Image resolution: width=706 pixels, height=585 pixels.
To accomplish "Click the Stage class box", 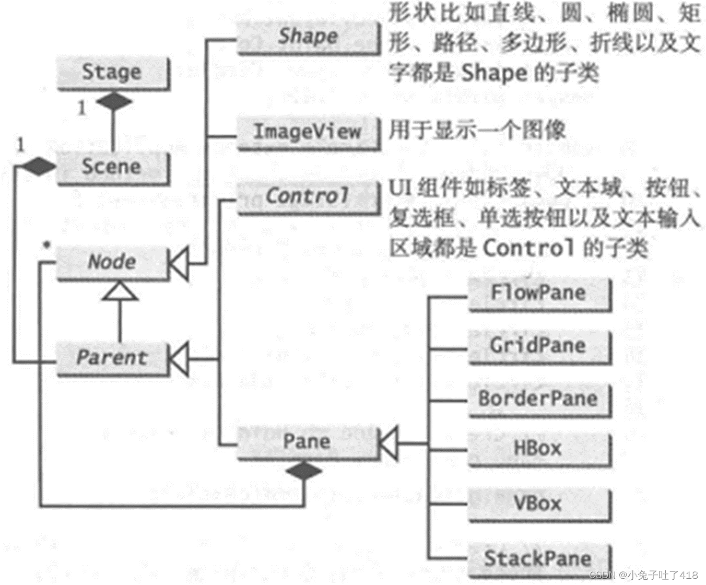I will click(113, 73).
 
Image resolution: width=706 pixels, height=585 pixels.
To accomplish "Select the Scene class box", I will click(113, 168).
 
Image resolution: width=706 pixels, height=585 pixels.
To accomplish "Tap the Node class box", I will click(113, 262).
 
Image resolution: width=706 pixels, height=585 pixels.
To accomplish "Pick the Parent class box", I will click(113, 358).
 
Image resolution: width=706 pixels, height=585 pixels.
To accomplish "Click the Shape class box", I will click(308, 37).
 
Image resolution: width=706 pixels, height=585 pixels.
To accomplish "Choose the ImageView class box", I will click(308, 132).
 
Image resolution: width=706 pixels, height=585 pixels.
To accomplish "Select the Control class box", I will click(308, 197).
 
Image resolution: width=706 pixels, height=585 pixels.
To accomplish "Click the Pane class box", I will click(308, 442).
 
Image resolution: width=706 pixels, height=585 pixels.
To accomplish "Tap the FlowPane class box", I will click(539, 294).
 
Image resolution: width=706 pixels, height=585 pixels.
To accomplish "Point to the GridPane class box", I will click(539, 346).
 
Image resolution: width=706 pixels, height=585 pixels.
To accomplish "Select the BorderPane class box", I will click(539, 400).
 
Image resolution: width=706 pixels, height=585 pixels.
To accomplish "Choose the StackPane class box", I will click(539, 559).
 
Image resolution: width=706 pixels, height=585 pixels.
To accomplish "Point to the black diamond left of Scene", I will click(37, 167).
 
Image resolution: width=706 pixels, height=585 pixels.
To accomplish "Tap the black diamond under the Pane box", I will click(304, 471).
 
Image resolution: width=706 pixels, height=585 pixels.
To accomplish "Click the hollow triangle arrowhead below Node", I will click(120, 291).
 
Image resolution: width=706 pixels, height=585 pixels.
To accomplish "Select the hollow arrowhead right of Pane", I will click(388, 443).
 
